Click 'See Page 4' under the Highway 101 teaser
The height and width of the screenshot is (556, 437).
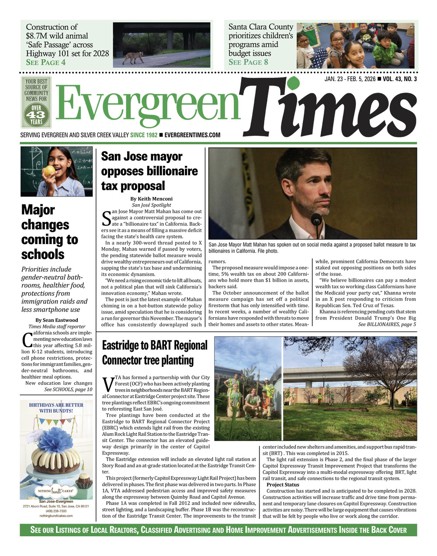click(x=46, y=62)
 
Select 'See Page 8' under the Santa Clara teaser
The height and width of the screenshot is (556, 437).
click(x=248, y=62)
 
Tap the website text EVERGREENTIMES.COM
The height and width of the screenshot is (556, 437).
click(x=192, y=135)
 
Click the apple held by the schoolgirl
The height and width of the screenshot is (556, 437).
click(x=49, y=170)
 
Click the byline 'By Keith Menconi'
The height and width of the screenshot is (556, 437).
click(x=151, y=199)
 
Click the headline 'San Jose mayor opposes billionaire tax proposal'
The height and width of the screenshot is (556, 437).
click(x=149, y=171)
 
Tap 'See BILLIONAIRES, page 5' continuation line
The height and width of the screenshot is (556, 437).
click(x=387, y=325)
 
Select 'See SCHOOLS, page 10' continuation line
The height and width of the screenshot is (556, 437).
click(x=68, y=390)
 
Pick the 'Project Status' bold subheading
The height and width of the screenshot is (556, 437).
click(x=283, y=485)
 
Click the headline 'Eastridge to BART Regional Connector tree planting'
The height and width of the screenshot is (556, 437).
click(x=154, y=353)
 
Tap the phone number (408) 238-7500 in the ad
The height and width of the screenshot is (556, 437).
click(x=56, y=511)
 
